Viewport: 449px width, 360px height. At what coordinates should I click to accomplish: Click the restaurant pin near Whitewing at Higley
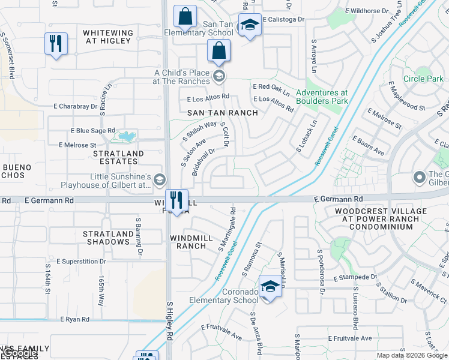coord(56,44)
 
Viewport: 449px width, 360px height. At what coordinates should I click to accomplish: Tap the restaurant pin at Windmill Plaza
coord(176,200)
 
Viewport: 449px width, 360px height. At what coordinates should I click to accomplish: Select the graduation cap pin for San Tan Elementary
coord(250,25)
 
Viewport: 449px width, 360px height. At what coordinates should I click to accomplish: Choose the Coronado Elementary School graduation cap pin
coord(271,286)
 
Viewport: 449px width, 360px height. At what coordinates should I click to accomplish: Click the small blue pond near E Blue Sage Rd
coord(127,136)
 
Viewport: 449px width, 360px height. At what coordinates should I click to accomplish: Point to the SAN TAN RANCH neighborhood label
coord(223,113)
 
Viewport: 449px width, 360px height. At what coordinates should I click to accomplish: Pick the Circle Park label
coord(423,79)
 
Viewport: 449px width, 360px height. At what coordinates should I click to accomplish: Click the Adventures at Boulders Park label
coord(322,97)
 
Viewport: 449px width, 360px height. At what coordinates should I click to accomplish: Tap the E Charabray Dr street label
coord(73,106)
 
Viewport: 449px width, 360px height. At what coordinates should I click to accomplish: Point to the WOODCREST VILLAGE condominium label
coord(374,219)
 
